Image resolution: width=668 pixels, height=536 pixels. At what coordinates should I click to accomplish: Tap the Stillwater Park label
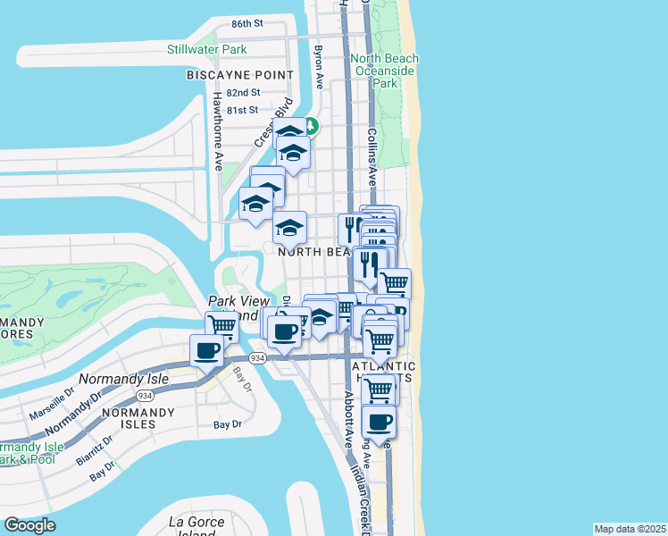click(x=207, y=49)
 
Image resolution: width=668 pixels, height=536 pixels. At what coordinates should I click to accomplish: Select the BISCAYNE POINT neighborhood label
click(x=239, y=75)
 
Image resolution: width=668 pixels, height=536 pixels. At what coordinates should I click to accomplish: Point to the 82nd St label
click(x=243, y=92)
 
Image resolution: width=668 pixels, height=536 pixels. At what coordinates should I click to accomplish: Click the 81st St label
click(x=242, y=110)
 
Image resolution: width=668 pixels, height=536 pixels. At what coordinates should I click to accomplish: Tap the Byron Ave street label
click(x=318, y=68)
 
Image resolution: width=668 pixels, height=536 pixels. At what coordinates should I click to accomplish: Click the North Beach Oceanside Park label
click(x=385, y=71)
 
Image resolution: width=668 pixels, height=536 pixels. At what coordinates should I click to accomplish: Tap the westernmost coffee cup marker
click(x=206, y=350)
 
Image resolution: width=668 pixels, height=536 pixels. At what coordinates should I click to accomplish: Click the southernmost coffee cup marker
click(x=379, y=422)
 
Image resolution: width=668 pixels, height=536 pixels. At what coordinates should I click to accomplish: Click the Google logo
click(x=29, y=525)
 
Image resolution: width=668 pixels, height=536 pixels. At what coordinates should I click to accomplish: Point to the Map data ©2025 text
click(x=630, y=529)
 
